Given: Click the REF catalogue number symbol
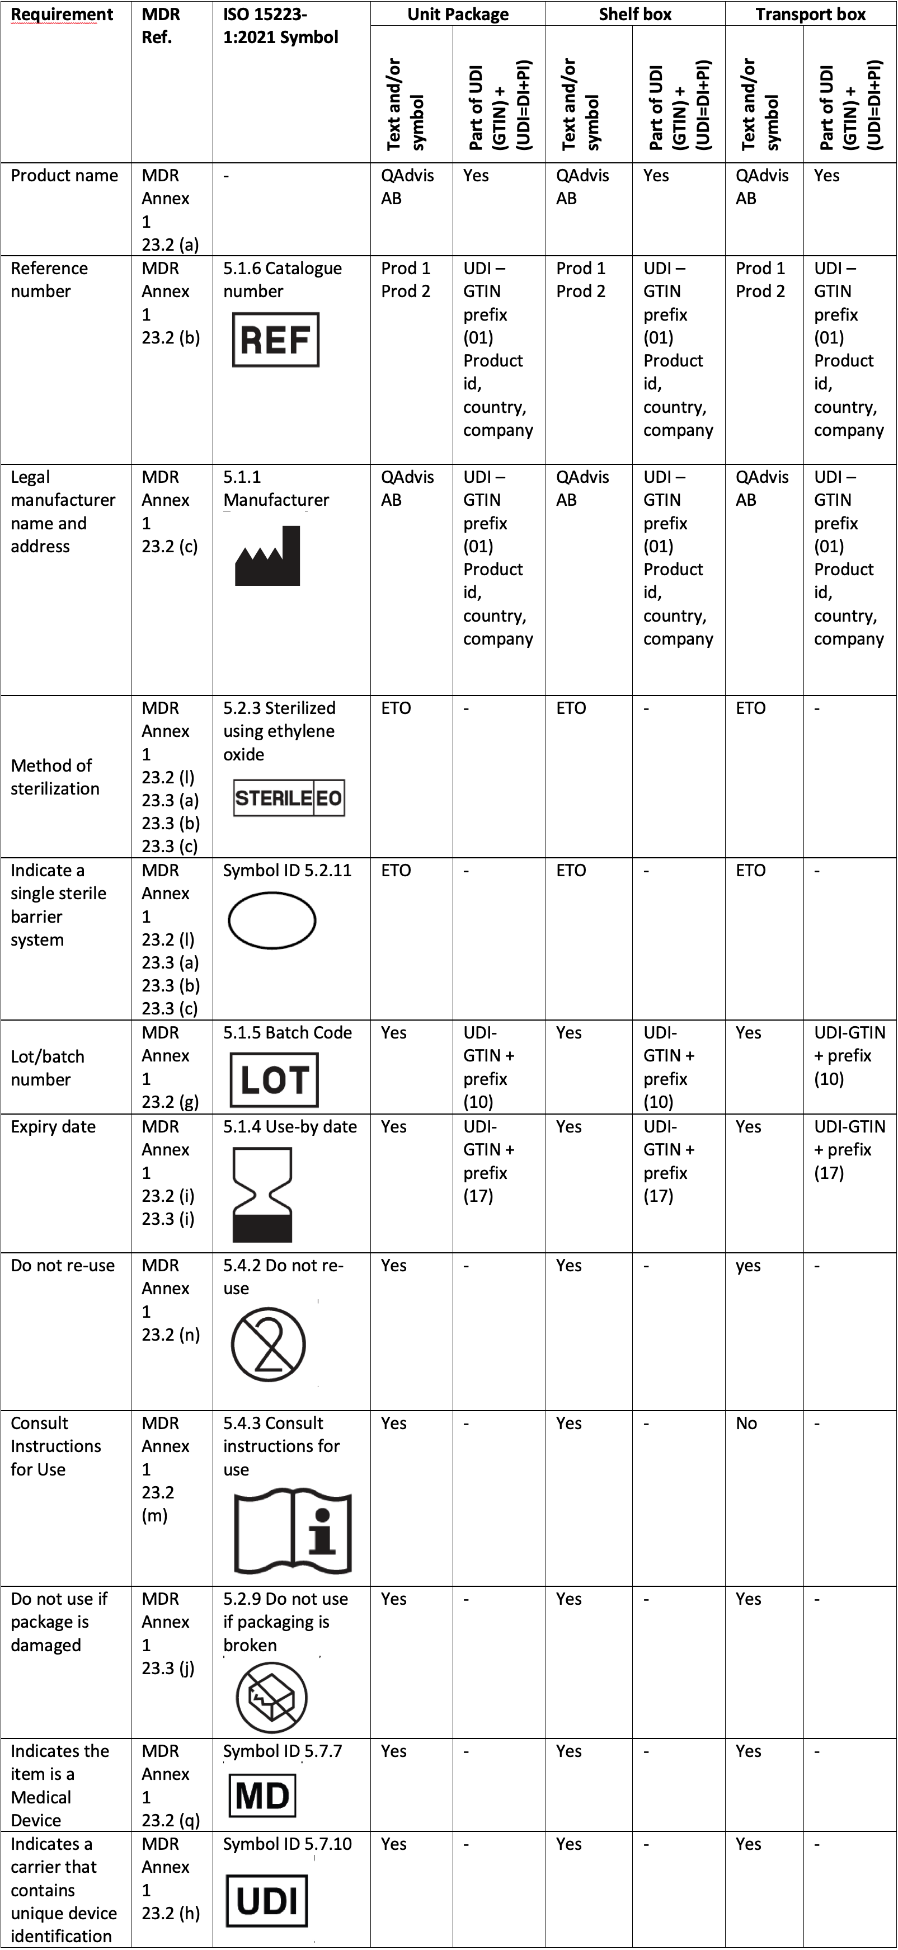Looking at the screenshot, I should click(x=276, y=340).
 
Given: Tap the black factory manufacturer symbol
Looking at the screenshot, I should click(x=267, y=556).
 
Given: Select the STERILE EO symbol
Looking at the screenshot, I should click(x=289, y=798).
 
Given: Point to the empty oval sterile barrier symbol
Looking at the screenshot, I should click(x=272, y=920).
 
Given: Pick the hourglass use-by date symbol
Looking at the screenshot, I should click(x=262, y=1195).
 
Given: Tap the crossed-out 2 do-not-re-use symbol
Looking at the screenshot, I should click(x=268, y=1345).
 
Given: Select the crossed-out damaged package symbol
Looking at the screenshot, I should click(x=272, y=1697).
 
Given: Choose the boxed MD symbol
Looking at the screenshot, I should click(x=262, y=1796).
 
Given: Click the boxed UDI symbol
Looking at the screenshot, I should click(x=266, y=1900).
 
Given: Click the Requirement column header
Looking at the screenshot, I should click(x=62, y=15).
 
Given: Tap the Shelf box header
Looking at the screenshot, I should click(x=634, y=15).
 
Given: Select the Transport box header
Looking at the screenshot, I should click(x=810, y=15).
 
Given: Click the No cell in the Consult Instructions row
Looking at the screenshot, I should click(x=746, y=1423).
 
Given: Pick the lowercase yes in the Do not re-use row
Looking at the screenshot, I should click(x=748, y=1266).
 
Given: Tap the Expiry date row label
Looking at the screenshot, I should click(x=53, y=1126).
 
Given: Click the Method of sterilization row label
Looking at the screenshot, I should click(x=54, y=777).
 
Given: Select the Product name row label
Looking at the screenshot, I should click(x=64, y=176).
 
